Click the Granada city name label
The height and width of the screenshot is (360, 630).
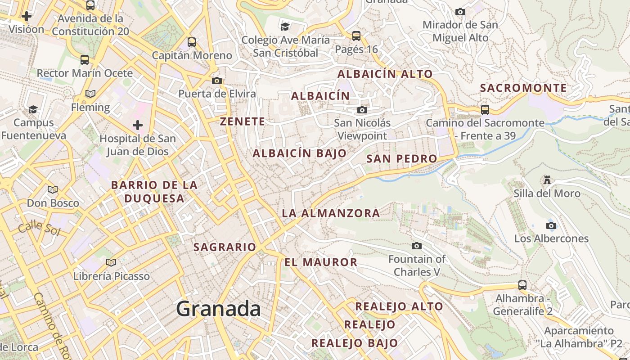click(218, 309)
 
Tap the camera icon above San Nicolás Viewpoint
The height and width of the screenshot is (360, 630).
click(362, 110)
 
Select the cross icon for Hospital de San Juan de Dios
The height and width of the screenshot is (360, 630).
click(138, 125)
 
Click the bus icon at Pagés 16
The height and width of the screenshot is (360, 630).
click(356, 36)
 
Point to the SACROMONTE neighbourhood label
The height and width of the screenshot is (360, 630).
click(523, 88)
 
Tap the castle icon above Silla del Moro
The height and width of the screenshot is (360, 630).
click(547, 180)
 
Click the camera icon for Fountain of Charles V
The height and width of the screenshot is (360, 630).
click(417, 246)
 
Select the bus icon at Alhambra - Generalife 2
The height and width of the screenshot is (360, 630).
click(522, 285)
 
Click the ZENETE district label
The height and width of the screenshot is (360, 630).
click(243, 121)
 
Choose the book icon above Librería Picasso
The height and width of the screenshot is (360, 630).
click(111, 262)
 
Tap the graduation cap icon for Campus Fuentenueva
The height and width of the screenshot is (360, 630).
click(33, 109)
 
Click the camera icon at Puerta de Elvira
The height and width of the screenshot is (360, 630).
click(217, 81)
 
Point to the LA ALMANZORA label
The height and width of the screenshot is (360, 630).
click(331, 213)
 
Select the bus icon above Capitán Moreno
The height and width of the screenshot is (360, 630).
click(192, 42)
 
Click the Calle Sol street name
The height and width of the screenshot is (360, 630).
click(39, 228)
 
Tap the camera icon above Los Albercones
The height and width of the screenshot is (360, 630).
click(551, 225)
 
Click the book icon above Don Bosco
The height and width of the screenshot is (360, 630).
click(53, 190)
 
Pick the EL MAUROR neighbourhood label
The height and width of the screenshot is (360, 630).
click(321, 262)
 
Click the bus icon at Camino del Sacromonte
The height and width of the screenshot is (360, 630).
click(485, 109)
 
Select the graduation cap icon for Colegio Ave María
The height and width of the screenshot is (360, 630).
click(285, 27)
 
